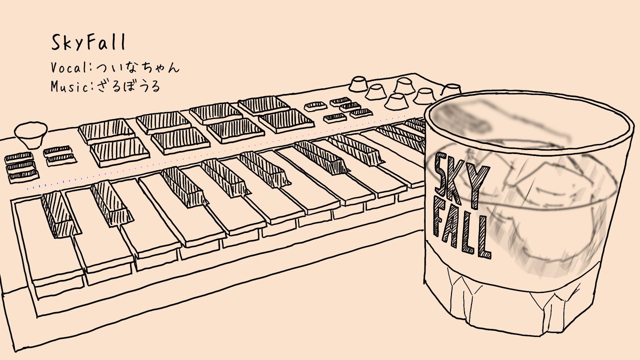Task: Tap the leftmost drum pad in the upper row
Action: pos(105,131)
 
